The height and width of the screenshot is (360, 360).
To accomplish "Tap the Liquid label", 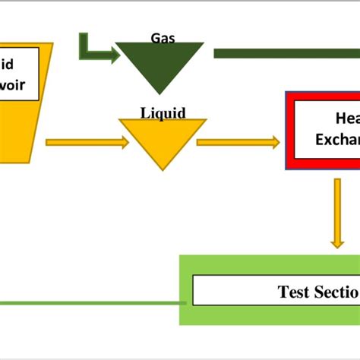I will (163, 113).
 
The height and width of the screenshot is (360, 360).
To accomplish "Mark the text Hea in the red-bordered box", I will (346, 118).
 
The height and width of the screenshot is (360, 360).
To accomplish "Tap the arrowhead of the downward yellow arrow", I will (336, 242).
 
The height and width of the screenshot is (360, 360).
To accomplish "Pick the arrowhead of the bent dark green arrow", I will (112, 54).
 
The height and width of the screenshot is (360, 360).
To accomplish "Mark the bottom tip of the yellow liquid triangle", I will (162, 168).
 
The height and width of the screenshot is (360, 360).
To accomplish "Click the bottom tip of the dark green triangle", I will (162, 93).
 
